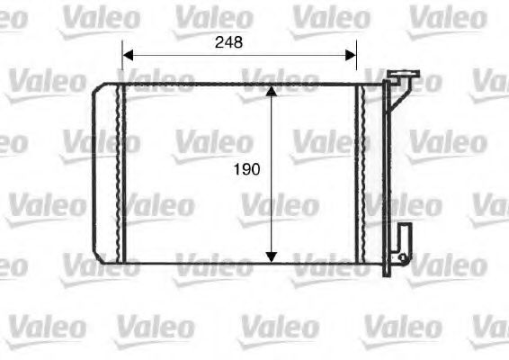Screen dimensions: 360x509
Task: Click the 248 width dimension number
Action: (228, 41)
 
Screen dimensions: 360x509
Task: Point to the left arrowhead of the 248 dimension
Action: (127, 54)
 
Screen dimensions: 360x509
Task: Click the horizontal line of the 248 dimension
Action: (238, 54)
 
